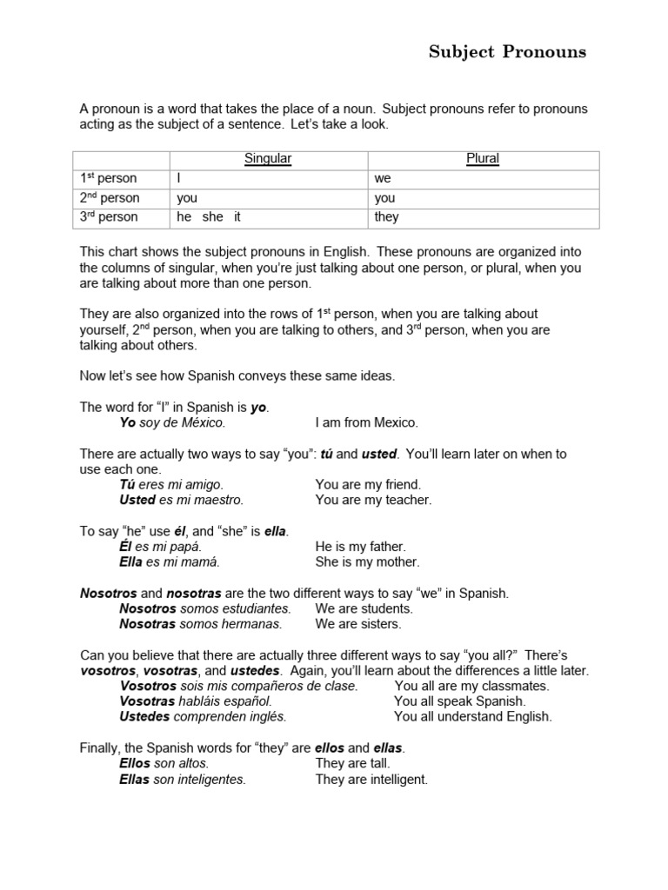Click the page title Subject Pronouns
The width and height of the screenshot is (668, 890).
(507, 52)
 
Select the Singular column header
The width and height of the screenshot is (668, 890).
(268, 159)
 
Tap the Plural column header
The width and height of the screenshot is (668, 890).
(483, 159)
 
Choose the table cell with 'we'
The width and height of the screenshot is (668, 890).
(384, 179)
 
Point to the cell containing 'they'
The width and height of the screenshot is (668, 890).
(386, 217)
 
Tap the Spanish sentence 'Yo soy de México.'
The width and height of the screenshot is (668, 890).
(172, 423)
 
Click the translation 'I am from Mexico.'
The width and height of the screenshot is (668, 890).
(366, 423)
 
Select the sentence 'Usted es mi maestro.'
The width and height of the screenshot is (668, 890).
(181, 500)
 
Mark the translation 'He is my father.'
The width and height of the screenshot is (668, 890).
(361, 547)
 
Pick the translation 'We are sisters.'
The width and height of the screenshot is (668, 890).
(358, 624)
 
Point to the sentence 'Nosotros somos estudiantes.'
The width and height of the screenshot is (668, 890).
(205, 608)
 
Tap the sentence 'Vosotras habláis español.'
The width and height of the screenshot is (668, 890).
(196, 701)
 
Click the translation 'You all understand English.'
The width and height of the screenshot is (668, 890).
(472, 717)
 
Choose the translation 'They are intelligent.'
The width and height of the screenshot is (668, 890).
(371, 780)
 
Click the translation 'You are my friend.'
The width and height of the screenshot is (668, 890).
(368, 484)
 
